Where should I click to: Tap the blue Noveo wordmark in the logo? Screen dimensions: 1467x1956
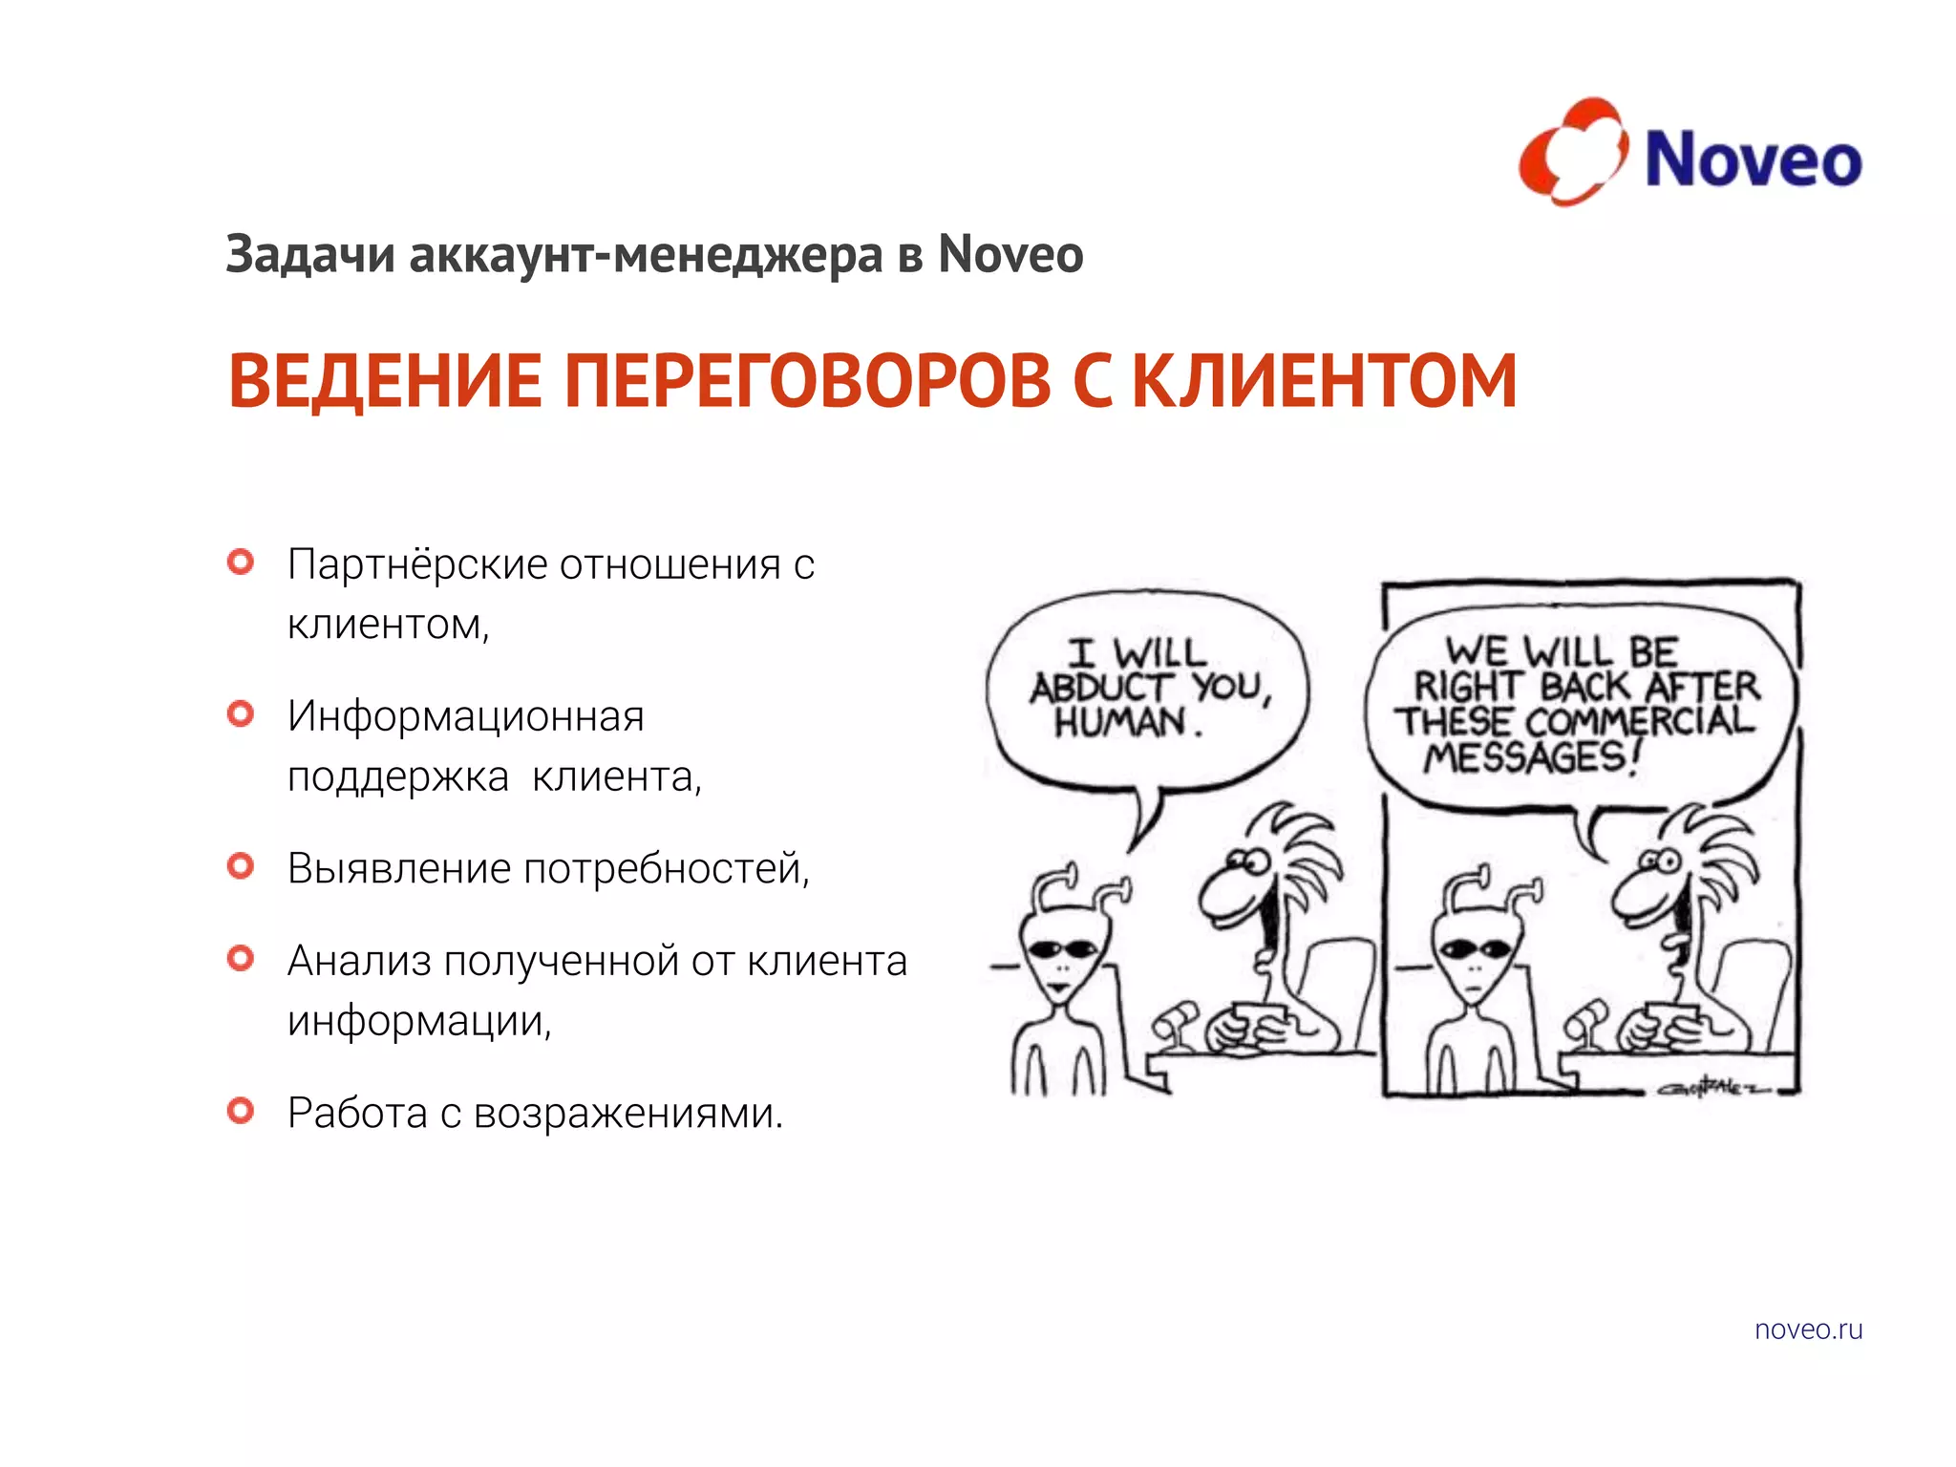pyautogui.click(x=1754, y=159)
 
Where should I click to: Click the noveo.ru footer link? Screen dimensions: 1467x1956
pyautogui.click(x=1808, y=1329)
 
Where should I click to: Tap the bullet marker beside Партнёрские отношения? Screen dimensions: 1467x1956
pyautogui.click(x=241, y=562)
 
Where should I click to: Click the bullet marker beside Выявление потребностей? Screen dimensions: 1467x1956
pyautogui.click(x=241, y=866)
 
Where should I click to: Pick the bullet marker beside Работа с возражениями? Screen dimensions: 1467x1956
pyautogui.click(x=241, y=1111)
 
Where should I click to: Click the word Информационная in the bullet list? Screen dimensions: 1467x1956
pyautogui.click(x=466, y=716)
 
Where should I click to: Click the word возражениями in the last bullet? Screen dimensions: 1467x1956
pyautogui.click(x=627, y=1114)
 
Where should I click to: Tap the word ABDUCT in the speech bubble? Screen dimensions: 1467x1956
pyautogui.click(x=1101, y=687)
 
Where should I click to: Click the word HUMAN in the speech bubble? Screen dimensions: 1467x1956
pyautogui.click(x=1119, y=722)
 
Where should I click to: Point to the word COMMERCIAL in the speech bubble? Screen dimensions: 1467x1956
pyautogui.click(x=1640, y=721)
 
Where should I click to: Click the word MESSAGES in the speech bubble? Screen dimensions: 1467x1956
pyautogui.click(x=1525, y=757)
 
